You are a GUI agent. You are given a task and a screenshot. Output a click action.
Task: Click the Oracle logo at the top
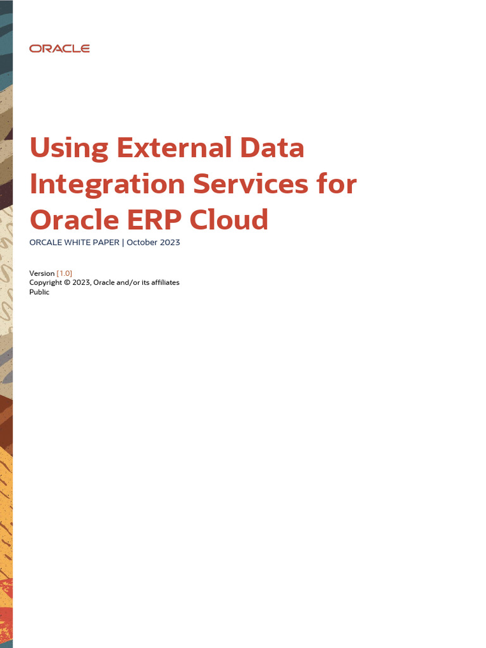pos(59,49)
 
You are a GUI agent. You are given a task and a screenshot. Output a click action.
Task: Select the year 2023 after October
pos(170,242)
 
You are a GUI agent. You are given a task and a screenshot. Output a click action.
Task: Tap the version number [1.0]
pos(65,273)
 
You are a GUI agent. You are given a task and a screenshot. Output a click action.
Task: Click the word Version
pos(42,273)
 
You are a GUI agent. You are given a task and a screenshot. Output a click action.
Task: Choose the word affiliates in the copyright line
pos(162,282)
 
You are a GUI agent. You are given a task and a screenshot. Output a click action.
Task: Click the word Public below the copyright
pos(39,292)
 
